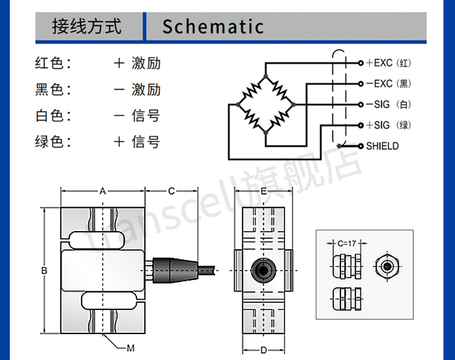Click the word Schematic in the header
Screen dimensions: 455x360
213,26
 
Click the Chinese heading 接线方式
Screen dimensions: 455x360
87,26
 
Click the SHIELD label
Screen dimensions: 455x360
382,146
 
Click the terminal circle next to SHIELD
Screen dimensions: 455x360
361,146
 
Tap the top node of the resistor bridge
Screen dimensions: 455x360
266,77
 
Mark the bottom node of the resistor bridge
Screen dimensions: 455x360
266,133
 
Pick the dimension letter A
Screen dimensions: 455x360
103,191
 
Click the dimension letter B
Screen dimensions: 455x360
44,271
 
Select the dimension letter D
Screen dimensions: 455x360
263,350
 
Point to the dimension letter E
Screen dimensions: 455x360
263,191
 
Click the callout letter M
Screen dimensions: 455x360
131,348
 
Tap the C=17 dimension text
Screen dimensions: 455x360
347,244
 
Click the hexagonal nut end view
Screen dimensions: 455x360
386,266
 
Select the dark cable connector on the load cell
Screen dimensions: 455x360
175,270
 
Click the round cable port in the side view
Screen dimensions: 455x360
263,270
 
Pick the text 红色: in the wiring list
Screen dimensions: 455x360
53,63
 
